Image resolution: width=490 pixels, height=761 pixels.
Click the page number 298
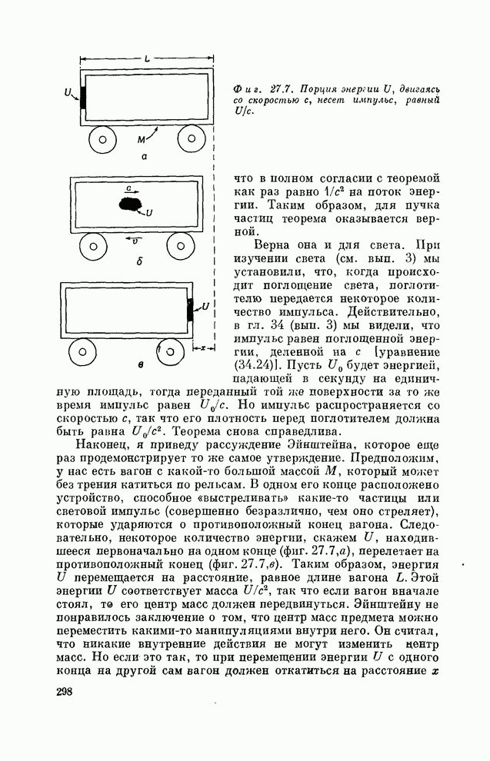65,693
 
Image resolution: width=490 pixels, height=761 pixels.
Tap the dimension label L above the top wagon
147,58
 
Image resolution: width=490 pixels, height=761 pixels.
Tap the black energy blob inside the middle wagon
130,204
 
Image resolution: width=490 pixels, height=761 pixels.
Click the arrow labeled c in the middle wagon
131,188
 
